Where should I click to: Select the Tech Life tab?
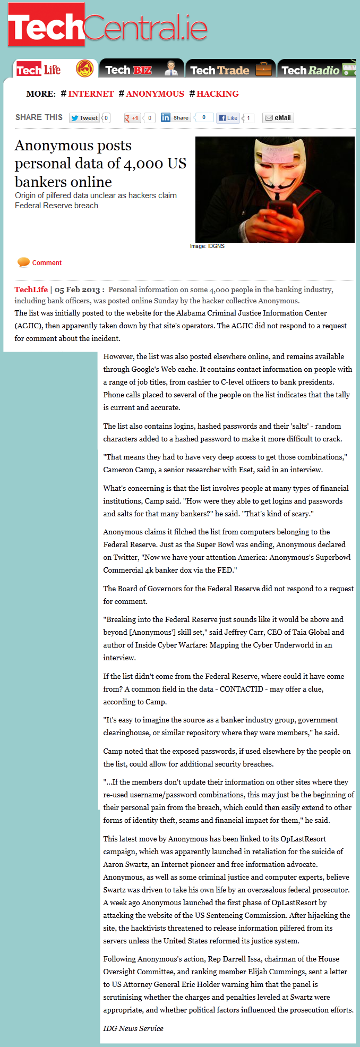(53, 70)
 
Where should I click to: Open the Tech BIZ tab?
(140, 70)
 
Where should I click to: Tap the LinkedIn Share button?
(176, 117)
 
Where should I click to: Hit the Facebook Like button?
(228, 118)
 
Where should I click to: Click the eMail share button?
(278, 118)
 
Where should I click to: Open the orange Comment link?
(47, 263)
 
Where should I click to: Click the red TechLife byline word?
(31, 290)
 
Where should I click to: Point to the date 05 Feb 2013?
(77, 290)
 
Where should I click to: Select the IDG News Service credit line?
(133, 1028)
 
